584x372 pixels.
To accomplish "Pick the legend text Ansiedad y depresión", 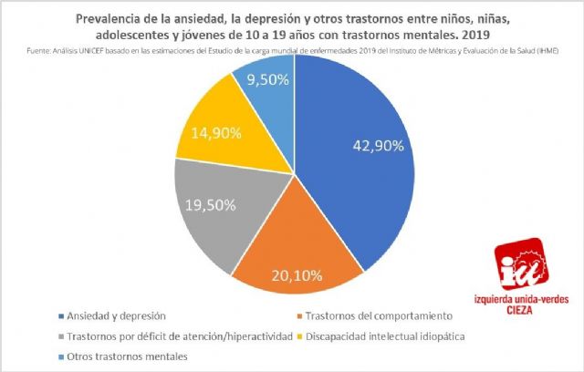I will coord(114,315).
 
